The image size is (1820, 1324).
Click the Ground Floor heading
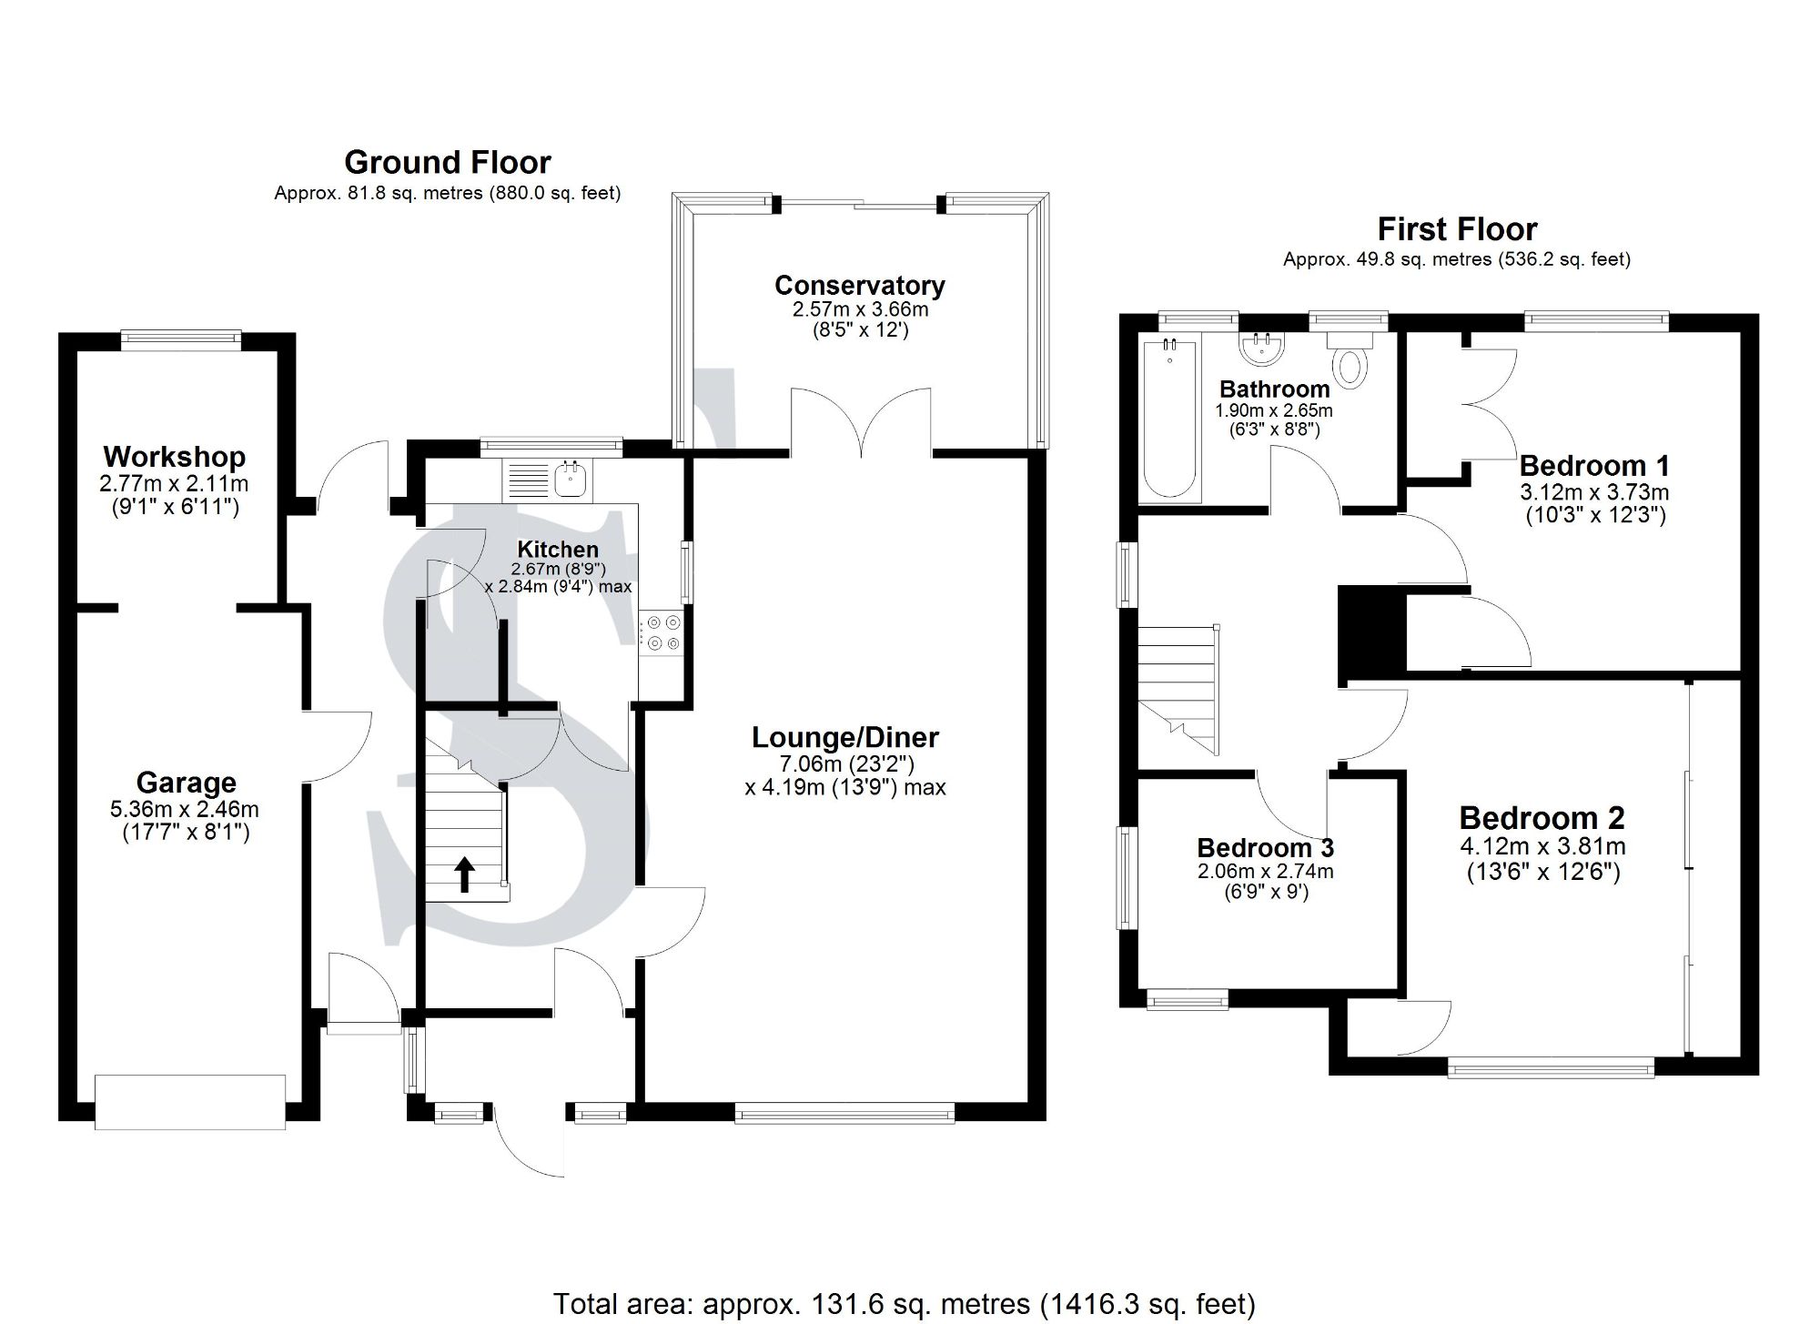447,163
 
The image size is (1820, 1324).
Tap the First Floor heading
1456,229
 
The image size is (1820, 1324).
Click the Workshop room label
174,457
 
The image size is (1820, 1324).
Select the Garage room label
186,783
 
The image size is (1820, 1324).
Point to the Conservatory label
859,286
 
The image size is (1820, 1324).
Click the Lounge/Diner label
844,738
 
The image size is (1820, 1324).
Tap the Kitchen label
557,550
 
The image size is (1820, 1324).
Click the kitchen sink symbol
571,479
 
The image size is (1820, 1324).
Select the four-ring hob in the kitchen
662,633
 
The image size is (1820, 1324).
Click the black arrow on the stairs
464,874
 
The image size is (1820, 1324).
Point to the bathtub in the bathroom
1169,419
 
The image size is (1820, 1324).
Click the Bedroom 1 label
1594,466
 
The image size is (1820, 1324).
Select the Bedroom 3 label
1265,848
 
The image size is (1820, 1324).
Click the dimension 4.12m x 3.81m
1542,846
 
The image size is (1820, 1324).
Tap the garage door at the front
190,1101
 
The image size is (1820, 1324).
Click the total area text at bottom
904,1304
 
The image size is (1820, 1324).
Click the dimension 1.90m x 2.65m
1273,411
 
